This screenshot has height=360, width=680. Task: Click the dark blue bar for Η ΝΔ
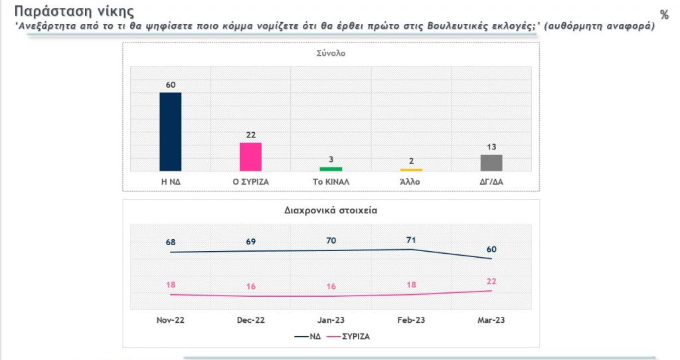point(171,132)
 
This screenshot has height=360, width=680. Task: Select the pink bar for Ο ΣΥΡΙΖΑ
point(250,157)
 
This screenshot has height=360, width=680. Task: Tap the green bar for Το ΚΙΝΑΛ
point(331,169)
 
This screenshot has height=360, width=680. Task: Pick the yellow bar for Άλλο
point(411,169)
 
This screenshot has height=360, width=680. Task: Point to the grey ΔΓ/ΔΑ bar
point(491,163)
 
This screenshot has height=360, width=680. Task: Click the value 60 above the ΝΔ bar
point(171,84)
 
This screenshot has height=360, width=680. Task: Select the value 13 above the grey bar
point(491,147)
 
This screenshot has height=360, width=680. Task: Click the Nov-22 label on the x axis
point(171,320)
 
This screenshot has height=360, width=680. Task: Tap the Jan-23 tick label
point(331,320)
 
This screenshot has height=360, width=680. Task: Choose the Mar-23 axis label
point(491,320)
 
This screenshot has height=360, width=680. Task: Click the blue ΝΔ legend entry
point(309,336)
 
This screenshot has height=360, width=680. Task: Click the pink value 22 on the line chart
point(491,280)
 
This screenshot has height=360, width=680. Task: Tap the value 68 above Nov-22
point(171,242)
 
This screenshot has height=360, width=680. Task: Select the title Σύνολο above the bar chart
point(331,54)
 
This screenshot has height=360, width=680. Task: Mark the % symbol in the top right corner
point(664,15)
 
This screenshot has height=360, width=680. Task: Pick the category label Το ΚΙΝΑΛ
point(331,181)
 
